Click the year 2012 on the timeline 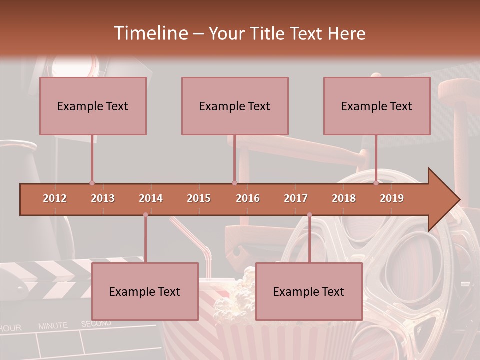point(55,198)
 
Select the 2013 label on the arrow point(103,198)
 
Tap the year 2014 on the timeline point(151,198)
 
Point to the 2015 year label point(199,198)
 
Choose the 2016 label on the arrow point(248,198)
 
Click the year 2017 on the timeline point(296,198)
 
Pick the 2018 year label point(344,198)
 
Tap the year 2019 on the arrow point(392,198)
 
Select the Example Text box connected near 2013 point(93,106)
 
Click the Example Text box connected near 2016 point(235,106)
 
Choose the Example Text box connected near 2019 point(377,106)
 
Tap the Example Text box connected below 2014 point(145,291)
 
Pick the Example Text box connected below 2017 point(309,291)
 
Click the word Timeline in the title point(150,33)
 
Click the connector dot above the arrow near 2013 point(92,183)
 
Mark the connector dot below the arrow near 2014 point(145,215)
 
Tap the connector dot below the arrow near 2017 point(309,215)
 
